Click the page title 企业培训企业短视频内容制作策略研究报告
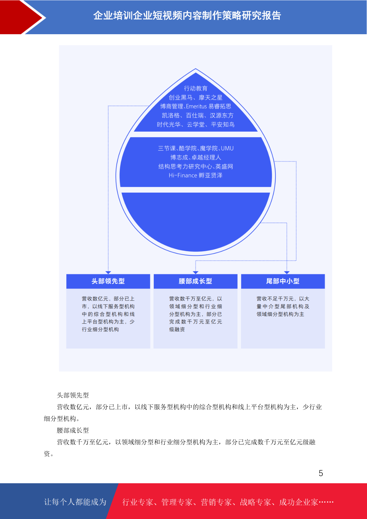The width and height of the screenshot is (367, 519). (187, 15)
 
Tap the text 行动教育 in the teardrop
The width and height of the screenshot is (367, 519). (196, 88)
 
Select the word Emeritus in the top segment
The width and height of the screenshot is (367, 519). (196, 106)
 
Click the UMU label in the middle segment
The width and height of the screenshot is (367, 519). (227, 148)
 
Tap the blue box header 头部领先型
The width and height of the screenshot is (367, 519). (108, 281)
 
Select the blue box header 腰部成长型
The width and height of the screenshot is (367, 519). (196, 281)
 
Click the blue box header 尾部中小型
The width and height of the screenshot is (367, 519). (283, 281)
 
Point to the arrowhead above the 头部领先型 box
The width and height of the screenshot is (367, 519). (108, 272)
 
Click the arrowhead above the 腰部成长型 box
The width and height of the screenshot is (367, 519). (196, 272)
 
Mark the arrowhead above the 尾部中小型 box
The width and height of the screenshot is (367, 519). (287, 272)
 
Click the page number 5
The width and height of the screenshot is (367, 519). (321, 473)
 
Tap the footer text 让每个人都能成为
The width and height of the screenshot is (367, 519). (75, 502)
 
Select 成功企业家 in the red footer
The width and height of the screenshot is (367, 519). (298, 502)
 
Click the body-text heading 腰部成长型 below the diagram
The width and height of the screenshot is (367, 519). (73, 431)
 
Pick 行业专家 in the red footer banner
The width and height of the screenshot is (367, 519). (138, 502)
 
